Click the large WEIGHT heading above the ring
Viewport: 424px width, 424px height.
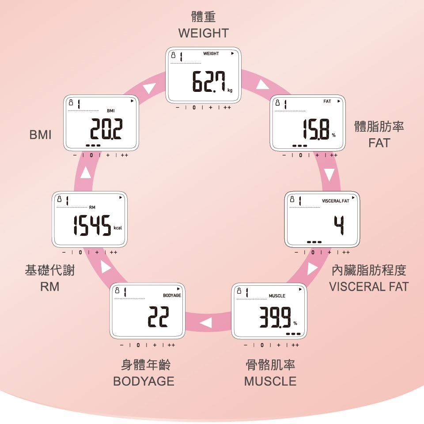pos(204,33)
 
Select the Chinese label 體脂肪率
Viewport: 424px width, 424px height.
pos(379,127)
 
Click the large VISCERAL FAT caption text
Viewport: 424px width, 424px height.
pos(369,287)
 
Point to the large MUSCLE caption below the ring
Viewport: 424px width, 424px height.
pos(270,381)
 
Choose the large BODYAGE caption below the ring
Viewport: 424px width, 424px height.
pos(144,381)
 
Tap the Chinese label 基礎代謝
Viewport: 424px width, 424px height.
pos(50,270)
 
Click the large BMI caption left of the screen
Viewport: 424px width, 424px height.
pos(41,135)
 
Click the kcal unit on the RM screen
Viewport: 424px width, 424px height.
pos(117,228)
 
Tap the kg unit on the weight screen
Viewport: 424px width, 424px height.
pos(230,91)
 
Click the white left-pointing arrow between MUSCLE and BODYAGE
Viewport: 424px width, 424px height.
pos(205,323)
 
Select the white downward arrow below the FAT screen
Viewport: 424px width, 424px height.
pos(329,175)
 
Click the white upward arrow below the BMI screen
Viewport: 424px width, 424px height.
pos(86,173)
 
